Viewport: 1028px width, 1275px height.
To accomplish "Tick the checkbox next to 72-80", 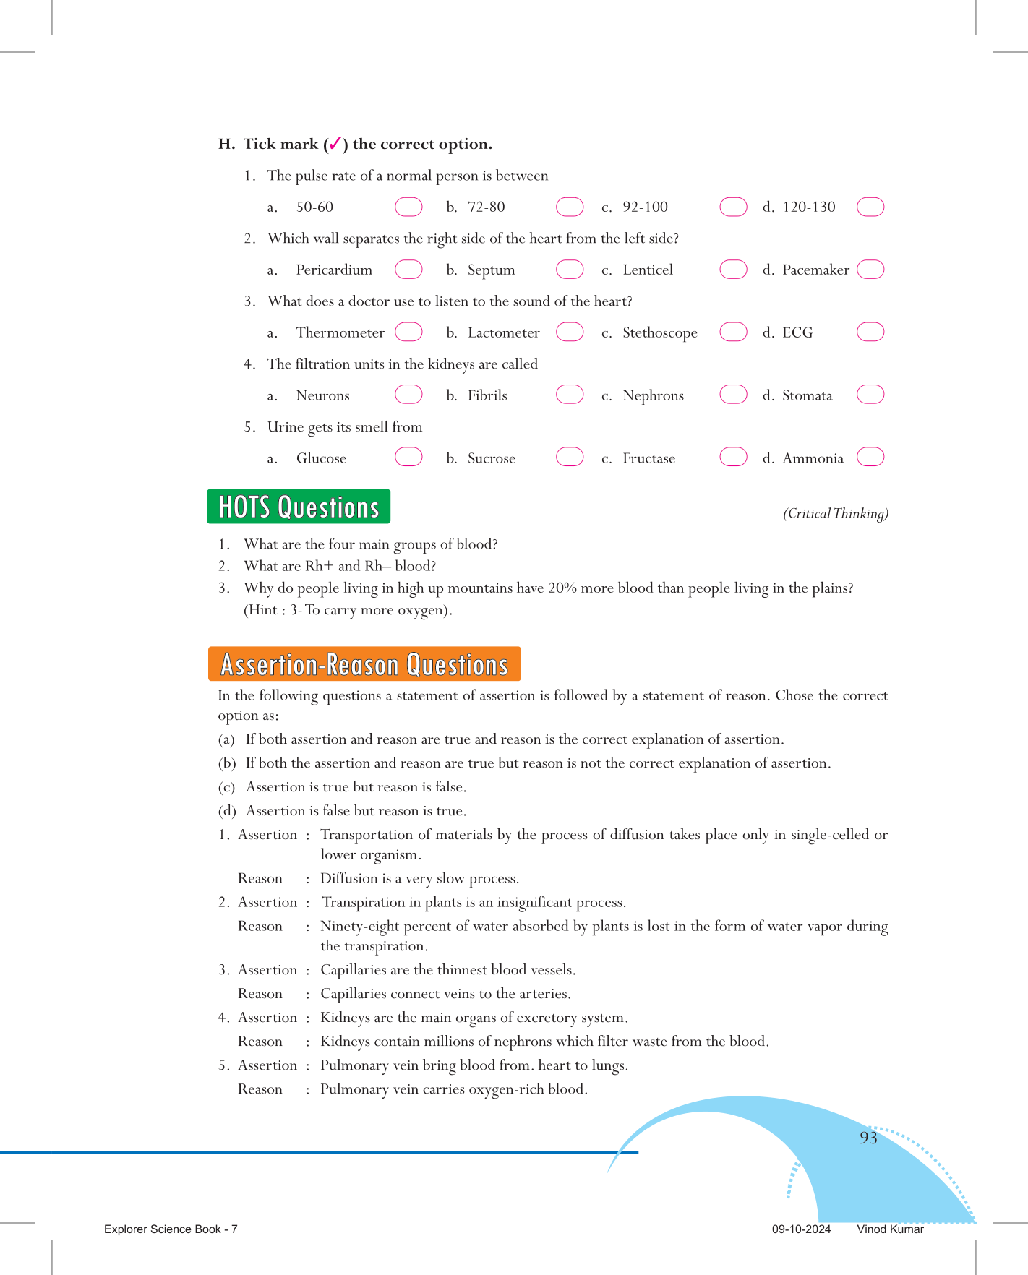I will click(x=570, y=207).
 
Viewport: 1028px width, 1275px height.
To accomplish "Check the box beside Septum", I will click(x=570, y=270).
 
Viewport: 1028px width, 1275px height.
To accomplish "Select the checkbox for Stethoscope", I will click(x=733, y=332).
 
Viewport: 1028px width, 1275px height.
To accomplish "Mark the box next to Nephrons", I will click(x=733, y=395).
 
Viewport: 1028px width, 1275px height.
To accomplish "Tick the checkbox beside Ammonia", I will click(x=870, y=458).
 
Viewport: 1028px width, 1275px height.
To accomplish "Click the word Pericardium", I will click(x=334, y=270).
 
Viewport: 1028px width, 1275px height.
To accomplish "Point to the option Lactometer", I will click(x=503, y=333).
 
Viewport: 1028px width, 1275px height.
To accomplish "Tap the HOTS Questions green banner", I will click(x=299, y=507).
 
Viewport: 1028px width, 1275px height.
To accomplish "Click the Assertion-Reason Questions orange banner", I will click(x=364, y=664).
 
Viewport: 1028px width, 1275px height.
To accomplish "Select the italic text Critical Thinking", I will click(x=835, y=514).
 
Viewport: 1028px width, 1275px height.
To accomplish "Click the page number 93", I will click(x=868, y=1138).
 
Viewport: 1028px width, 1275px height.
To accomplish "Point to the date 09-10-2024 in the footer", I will click(x=801, y=1229).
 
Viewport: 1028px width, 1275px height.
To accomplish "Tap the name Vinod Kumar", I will click(x=890, y=1229).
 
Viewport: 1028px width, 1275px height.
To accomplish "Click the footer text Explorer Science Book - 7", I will click(x=171, y=1229).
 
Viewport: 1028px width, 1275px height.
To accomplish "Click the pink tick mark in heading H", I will click(x=335, y=144).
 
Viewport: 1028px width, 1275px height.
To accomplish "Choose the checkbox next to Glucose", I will click(x=408, y=458).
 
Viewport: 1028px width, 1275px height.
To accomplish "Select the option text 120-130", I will click(x=808, y=207).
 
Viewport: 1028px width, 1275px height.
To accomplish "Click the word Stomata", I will click(x=807, y=396).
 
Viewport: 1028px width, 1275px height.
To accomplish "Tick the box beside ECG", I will click(x=870, y=332).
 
